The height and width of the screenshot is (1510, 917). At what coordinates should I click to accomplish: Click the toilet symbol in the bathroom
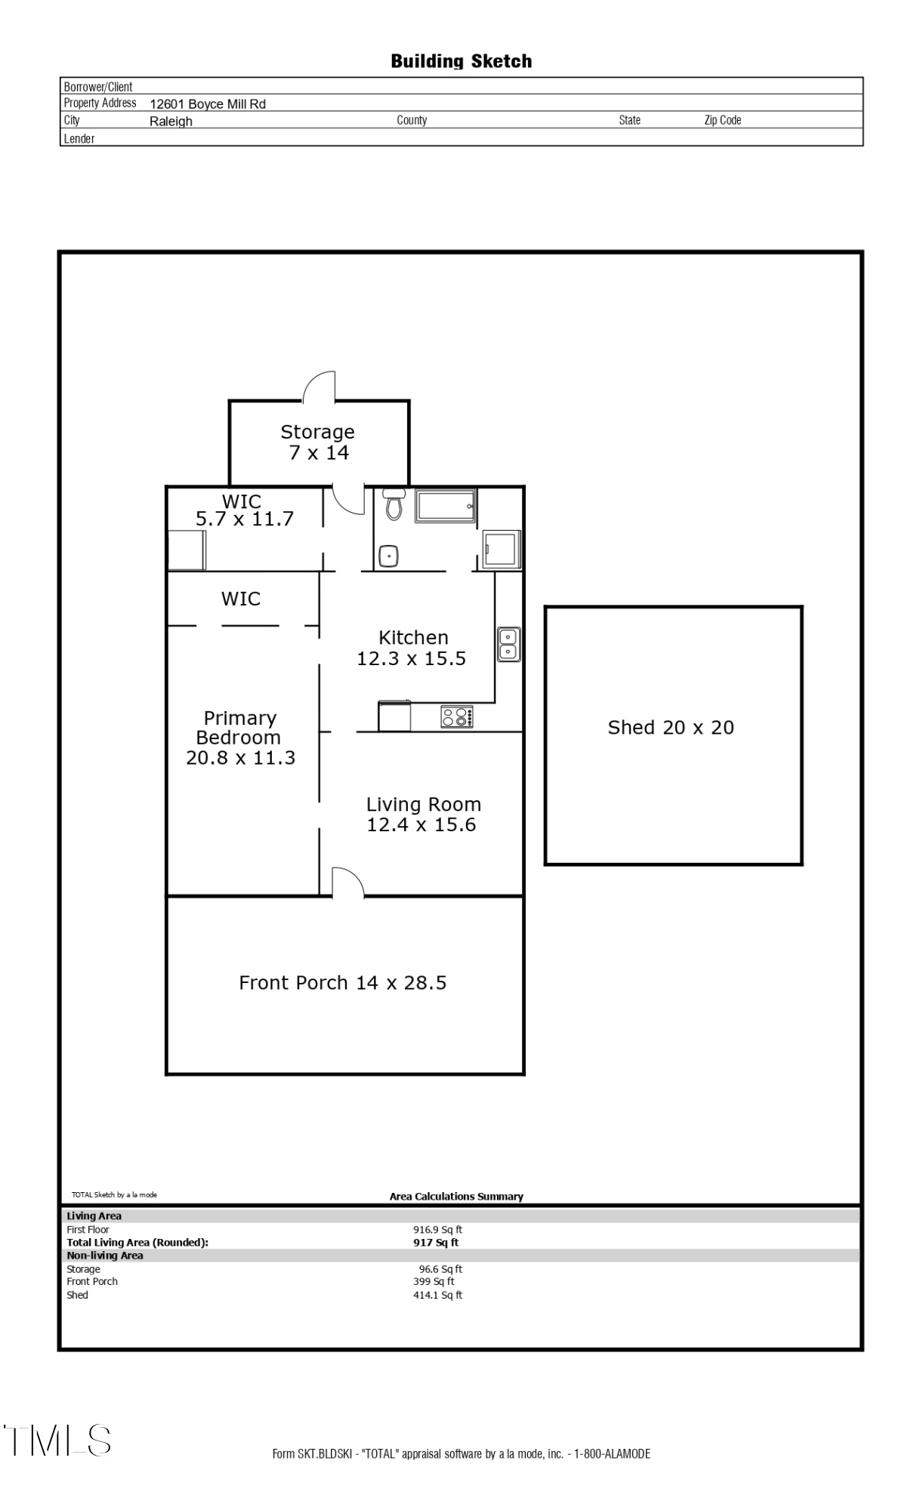coord(393,504)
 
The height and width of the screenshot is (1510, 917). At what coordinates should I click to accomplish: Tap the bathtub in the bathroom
coord(445,505)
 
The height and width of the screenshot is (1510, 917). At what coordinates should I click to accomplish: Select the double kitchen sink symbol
coord(508,644)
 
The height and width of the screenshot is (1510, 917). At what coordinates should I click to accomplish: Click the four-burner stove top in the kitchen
coord(457,716)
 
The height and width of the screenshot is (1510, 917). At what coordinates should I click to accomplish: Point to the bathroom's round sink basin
coord(389,556)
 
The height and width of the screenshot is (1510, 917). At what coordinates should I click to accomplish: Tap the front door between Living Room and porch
coord(347,882)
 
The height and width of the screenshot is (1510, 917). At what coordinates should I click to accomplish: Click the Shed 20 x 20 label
coord(671,727)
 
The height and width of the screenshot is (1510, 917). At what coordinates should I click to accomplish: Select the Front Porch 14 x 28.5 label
coord(342,982)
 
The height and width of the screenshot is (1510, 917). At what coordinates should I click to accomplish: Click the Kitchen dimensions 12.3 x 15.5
coord(411,658)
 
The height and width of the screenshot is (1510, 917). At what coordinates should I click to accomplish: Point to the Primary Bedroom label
coord(239,728)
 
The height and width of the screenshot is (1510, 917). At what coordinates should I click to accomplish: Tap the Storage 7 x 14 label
coord(318,442)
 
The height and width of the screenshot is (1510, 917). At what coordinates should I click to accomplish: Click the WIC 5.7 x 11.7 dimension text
coord(244,519)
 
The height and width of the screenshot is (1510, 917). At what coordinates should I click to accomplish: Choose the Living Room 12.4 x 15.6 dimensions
coord(421,824)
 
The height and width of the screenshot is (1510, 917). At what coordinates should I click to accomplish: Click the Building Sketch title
coord(461,61)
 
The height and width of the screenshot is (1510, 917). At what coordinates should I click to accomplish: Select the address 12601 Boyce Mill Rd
coord(208,104)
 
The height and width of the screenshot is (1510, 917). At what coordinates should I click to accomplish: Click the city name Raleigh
coord(171,122)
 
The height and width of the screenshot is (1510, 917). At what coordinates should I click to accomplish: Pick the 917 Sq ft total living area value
coord(436,1242)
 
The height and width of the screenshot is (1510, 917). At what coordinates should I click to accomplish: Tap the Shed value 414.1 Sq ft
coord(437,1295)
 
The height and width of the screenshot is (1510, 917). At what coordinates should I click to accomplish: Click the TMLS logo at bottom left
coord(58,1440)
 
